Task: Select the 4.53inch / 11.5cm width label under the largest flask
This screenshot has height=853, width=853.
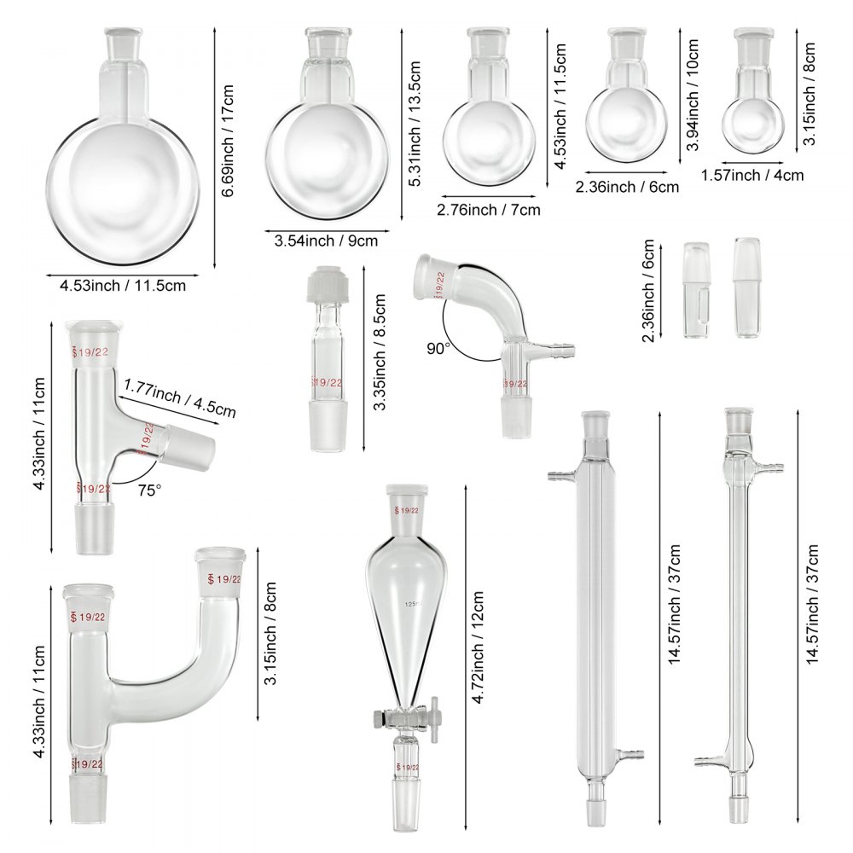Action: [x=122, y=286]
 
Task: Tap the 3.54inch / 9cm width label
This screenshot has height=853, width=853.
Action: [x=326, y=241]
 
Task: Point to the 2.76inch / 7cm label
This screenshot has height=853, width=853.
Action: [x=489, y=209]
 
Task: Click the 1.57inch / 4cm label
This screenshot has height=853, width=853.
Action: [x=752, y=175]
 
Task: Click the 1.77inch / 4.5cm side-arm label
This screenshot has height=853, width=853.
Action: [x=179, y=397]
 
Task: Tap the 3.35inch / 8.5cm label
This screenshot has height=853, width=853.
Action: [x=380, y=353]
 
